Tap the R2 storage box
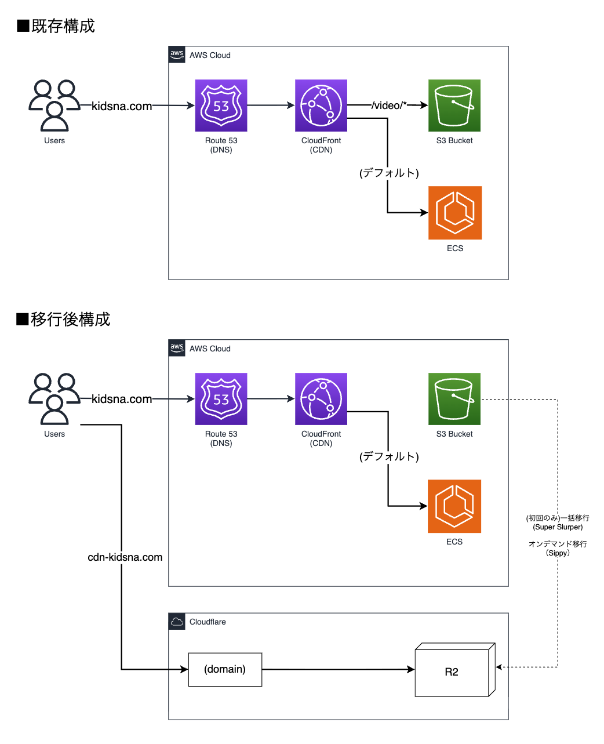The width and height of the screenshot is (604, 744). (x=452, y=672)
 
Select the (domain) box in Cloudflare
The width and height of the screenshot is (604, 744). (x=225, y=670)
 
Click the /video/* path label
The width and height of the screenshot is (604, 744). (x=389, y=106)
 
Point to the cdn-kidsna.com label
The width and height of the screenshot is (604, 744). (x=125, y=557)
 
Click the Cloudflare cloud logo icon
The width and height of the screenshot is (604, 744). (x=177, y=622)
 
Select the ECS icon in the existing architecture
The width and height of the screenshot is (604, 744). (x=455, y=213)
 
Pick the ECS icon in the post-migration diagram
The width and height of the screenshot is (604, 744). (x=454, y=506)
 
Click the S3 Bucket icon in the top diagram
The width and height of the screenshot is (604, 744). (x=454, y=106)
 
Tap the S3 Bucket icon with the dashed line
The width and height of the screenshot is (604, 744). (x=454, y=399)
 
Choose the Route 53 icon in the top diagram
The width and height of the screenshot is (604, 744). (x=221, y=106)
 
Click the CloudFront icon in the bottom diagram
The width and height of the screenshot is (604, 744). (x=321, y=399)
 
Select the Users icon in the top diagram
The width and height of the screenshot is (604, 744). (x=54, y=106)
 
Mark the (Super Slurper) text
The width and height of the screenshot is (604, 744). (x=558, y=527)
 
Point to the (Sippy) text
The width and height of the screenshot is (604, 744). (x=558, y=553)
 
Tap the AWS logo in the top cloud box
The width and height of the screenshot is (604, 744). (x=177, y=55)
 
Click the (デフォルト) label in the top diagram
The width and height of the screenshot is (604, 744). (x=389, y=173)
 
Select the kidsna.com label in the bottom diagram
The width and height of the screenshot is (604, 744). (x=122, y=399)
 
